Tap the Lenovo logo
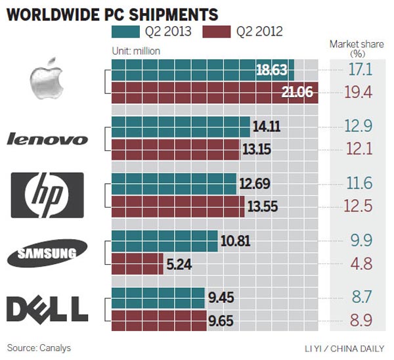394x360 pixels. pos(47,139)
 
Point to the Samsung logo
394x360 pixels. pos(47,252)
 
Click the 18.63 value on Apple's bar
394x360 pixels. pos(271,70)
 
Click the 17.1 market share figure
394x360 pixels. pos(359,69)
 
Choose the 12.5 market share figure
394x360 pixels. pos(359,207)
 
